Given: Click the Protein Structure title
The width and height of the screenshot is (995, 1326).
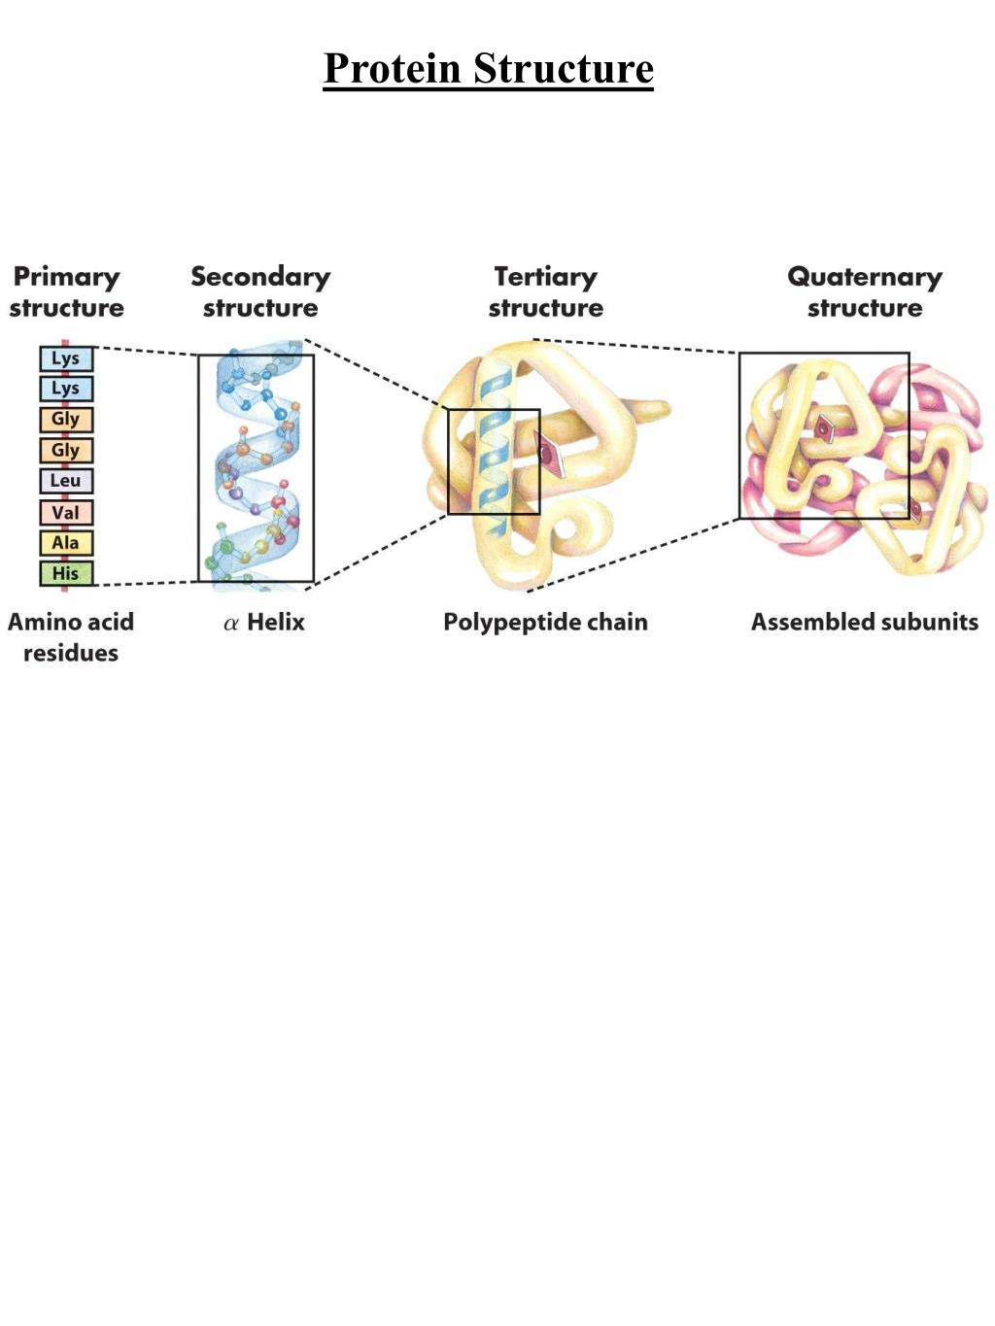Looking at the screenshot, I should click(x=488, y=69).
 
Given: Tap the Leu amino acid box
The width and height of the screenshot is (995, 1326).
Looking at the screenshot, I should click(x=66, y=481).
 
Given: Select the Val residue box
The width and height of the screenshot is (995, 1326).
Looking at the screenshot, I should click(x=66, y=512).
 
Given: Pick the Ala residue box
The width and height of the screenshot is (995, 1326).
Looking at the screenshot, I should click(x=66, y=543).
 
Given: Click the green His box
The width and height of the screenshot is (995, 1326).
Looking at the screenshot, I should click(x=66, y=573).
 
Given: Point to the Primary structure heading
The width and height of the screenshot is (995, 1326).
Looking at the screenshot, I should click(x=67, y=292).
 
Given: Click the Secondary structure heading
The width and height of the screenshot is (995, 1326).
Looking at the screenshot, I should click(x=260, y=292).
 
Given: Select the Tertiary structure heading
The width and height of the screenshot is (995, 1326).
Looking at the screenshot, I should click(x=545, y=292).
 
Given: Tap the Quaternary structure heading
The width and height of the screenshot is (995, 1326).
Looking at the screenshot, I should click(x=865, y=292).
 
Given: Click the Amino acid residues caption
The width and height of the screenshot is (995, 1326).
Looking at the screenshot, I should click(x=71, y=637).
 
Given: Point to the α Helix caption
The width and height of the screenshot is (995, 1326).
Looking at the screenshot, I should click(x=264, y=623).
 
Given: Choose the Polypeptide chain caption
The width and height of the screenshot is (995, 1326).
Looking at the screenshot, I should click(x=545, y=623).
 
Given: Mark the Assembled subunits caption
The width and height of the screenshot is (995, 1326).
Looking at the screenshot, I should click(x=865, y=623).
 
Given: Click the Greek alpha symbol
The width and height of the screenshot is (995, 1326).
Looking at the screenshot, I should click(x=231, y=624).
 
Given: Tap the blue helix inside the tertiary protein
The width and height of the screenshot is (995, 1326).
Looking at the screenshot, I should click(x=495, y=457).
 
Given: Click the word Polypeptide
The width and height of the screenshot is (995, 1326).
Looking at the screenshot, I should click(x=504, y=623).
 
